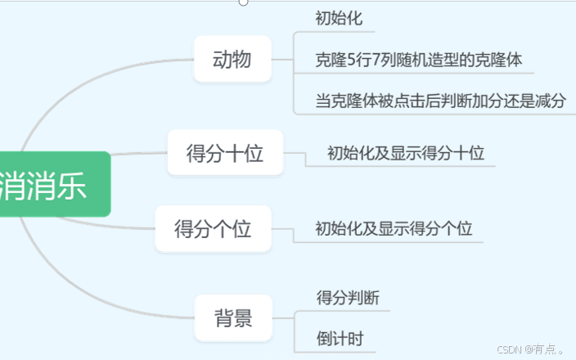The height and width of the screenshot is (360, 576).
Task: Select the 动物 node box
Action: pyautogui.click(x=232, y=60)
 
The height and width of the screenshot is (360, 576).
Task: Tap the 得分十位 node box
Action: pyautogui.click(x=225, y=153)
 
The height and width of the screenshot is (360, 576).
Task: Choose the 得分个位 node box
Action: pyautogui.click(x=213, y=229)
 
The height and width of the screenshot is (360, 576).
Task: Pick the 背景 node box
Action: pyautogui.click(x=233, y=318)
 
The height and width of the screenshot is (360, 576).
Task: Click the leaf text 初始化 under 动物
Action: pyautogui.click(x=339, y=19)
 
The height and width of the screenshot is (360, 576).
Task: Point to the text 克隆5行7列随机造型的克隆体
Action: pyautogui.click(x=419, y=60)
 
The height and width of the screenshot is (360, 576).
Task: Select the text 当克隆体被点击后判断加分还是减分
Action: pyautogui.click(x=440, y=101)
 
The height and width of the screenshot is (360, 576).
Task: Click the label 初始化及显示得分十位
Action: pyautogui.click(x=406, y=153)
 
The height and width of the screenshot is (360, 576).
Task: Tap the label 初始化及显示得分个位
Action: pyautogui.click(x=394, y=229)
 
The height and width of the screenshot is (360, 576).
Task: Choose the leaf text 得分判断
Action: pyautogui.click(x=348, y=298)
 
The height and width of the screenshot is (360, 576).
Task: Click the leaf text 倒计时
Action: pyautogui.click(x=340, y=339)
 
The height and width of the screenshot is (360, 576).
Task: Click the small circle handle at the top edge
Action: pyautogui.click(x=243, y=2)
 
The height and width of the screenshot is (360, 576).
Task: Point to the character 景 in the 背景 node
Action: pyautogui.click(x=243, y=318)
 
